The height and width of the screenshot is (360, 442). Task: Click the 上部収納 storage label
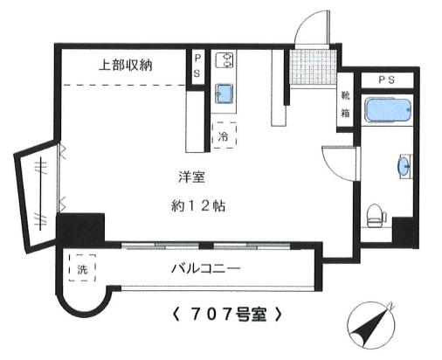pyautogui.click(x=126, y=66)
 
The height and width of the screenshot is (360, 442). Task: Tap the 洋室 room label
pyautogui.click(x=191, y=177)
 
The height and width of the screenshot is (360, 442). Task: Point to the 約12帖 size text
pyautogui.click(x=198, y=206)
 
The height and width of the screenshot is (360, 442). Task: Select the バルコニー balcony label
pyautogui.click(x=205, y=268)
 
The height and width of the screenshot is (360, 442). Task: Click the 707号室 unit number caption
pyautogui.click(x=227, y=315)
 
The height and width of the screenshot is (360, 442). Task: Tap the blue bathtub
pyautogui.click(x=388, y=110)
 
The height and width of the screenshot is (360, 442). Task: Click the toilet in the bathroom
pyautogui.click(x=376, y=216)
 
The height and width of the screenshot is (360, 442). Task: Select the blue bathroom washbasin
pyautogui.click(x=405, y=166)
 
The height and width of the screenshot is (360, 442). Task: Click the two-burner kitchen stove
pyautogui.click(x=224, y=60)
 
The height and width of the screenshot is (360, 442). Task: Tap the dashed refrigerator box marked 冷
pyautogui.click(x=224, y=135)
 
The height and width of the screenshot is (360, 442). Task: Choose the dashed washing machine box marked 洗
pyautogui.click(x=82, y=268)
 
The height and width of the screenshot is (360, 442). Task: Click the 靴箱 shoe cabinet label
pyautogui.click(x=345, y=104)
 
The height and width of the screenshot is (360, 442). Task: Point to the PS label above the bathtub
pyautogui.click(x=387, y=80)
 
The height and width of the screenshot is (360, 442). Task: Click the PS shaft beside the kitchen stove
pyautogui.click(x=197, y=66)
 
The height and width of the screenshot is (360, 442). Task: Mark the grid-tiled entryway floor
pyautogui.click(x=314, y=67)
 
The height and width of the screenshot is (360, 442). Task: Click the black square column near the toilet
pyautogui.click(x=405, y=232)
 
